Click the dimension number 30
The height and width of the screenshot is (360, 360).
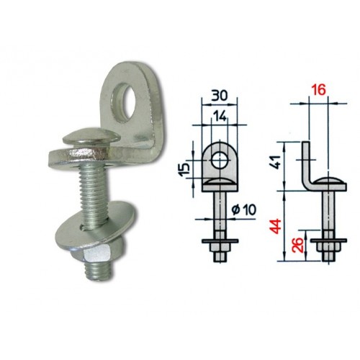click(x=219, y=96)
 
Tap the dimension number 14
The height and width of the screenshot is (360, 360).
click(x=220, y=117)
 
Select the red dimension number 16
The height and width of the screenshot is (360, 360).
click(x=318, y=90)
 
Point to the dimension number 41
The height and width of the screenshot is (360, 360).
click(x=279, y=162)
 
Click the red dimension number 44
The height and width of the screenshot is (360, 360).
click(x=275, y=226)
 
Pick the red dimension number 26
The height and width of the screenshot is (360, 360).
click(x=297, y=245)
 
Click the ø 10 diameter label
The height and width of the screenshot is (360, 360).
click(x=244, y=210)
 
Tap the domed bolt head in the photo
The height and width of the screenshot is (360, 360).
click(x=91, y=138)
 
